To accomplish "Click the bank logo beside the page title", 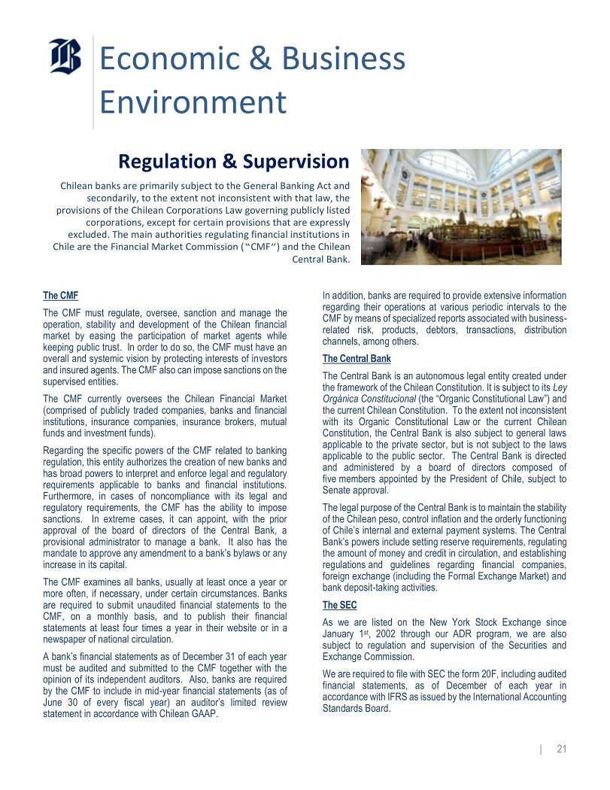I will pyautogui.click(x=65, y=56).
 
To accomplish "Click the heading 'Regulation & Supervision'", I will pyautogui.click(x=234, y=162).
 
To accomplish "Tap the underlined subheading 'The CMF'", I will pyautogui.click(x=61, y=296).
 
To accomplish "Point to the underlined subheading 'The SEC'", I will pyautogui.click(x=339, y=605).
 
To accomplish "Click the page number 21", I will pyautogui.click(x=561, y=749).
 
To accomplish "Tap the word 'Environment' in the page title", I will pyautogui.click(x=193, y=102).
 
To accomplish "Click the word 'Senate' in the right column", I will pyautogui.click(x=337, y=491).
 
